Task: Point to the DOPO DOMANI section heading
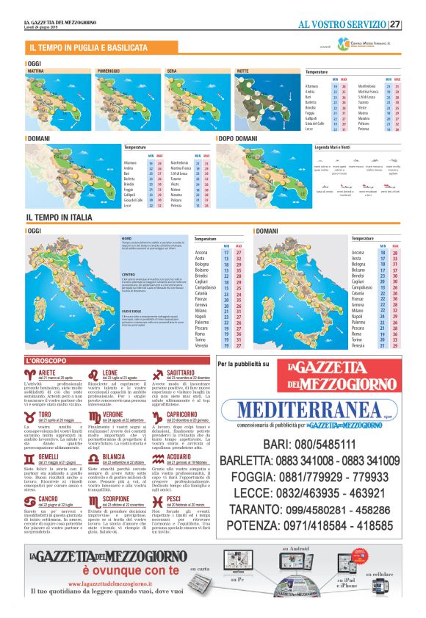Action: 238,138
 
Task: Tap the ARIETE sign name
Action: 47,373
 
